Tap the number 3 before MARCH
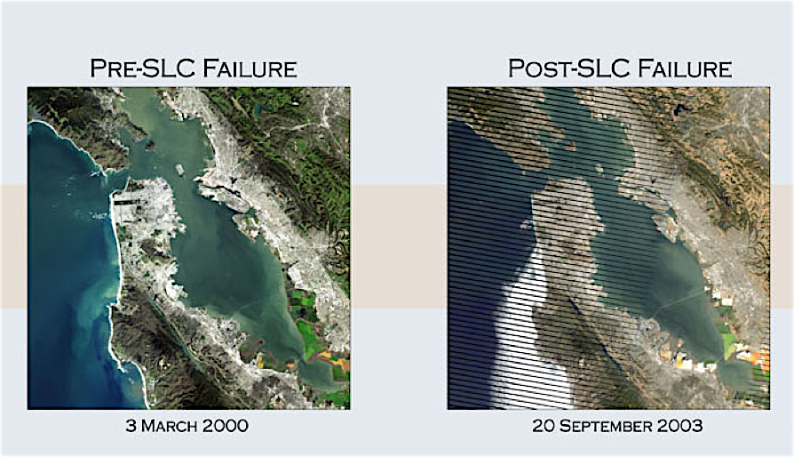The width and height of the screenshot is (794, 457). pyautogui.click(x=132, y=426)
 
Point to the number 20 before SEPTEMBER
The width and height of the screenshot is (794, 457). pyautogui.click(x=544, y=426)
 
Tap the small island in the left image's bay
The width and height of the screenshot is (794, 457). pyautogui.click(x=179, y=166)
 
